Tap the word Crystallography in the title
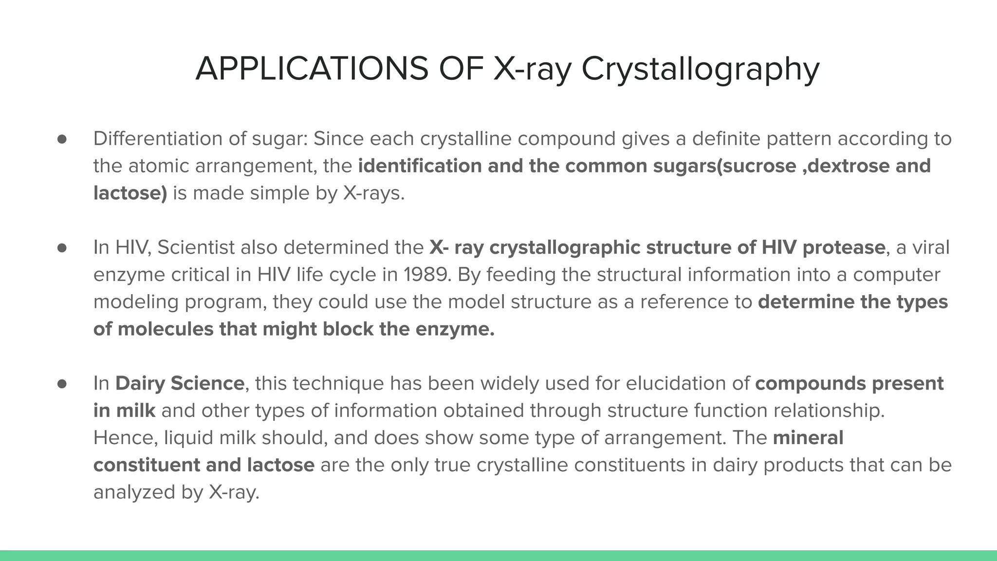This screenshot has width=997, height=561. (x=700, y=69)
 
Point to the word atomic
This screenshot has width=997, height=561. (x=159, y=166)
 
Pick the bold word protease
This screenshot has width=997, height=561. (x=843, y=247)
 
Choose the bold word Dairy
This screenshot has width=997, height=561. (x=140, y=383)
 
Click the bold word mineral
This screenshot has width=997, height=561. (x=808, y=438)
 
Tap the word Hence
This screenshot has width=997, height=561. (x=126, y=438)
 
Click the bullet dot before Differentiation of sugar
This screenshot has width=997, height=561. (x=62, y=139)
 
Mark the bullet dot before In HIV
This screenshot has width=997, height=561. (x=62, y=248)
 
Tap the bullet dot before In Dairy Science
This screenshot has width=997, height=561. (x=62, y=384)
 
